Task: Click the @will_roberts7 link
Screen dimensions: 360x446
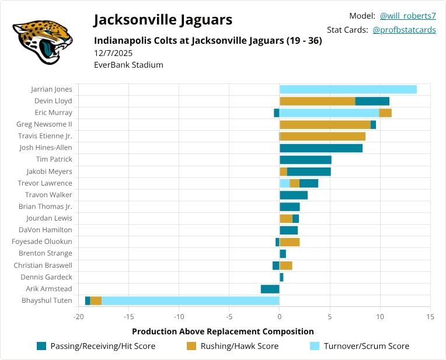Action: click(x=407, y=16)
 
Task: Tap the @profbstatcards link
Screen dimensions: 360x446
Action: click(x=404, y=30)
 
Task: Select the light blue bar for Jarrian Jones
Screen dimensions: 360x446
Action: click(x=348, y=89)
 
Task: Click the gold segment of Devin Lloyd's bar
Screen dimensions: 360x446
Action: click(x=317, y=101)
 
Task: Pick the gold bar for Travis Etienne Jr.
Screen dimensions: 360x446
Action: click(x=322, y=136)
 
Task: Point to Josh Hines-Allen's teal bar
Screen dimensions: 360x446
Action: click(x=321, y=148)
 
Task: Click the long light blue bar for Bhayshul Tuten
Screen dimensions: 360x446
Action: click(x=190, y=300)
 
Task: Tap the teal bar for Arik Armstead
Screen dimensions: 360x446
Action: click(x=270, y=289)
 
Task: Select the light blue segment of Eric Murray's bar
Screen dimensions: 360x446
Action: click(x=329, y=113)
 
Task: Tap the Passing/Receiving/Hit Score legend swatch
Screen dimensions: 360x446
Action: click(x=41, y=346)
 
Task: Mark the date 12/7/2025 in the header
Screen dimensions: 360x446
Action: click(x=113, y=53)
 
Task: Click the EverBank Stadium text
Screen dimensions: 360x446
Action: click(x=128, y=65)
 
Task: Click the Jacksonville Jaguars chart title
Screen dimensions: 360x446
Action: click(x=163, y=20)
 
